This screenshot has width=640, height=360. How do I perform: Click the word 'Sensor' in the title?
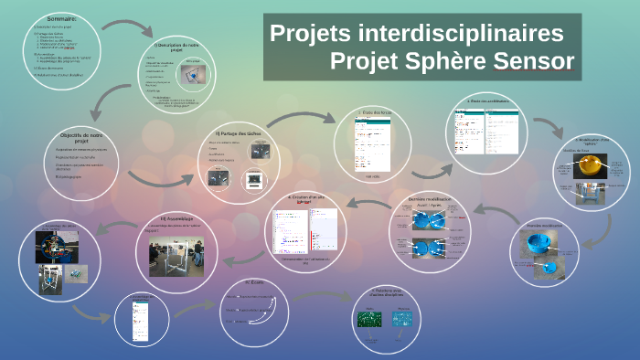pos(534,61)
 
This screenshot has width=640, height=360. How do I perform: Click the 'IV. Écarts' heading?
pos(253,282)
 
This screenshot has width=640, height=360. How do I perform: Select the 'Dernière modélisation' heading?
pos(429,197)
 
